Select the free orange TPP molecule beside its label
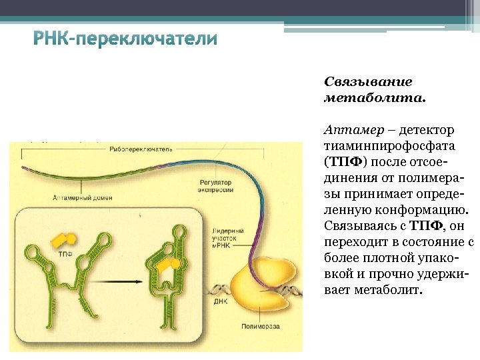(65, 239)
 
